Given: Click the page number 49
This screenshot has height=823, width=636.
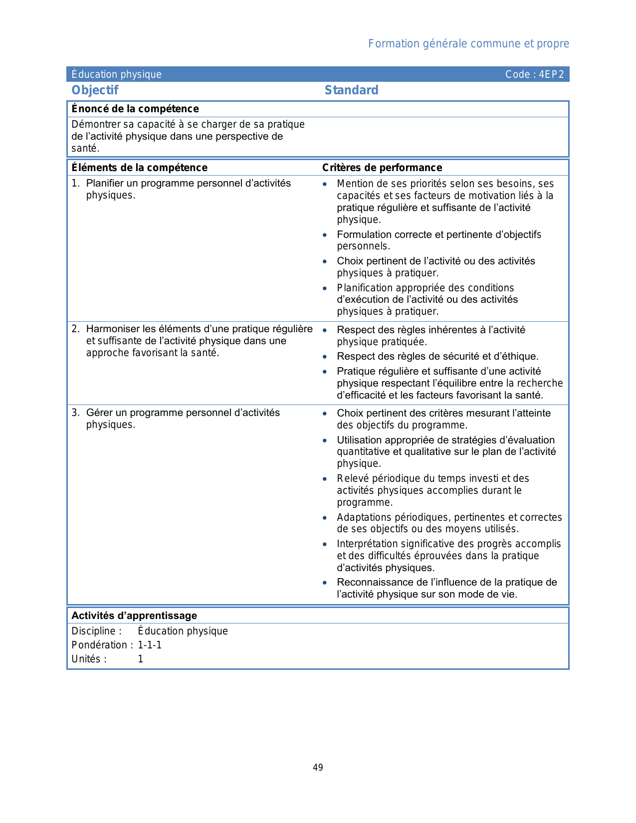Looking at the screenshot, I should click(318, 768).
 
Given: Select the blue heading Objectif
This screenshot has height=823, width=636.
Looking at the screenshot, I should click(95, 90).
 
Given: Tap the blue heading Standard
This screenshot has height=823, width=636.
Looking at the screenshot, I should click(351, 90).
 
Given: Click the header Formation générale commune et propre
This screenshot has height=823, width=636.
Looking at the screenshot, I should click(468, 44).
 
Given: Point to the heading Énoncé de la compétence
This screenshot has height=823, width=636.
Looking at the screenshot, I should click(135, 109).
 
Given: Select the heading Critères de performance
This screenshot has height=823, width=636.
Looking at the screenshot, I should click(382, 168).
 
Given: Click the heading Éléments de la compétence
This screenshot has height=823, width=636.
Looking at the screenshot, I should click(139, 168).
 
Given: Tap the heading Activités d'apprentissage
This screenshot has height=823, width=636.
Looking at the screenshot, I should click(134, 616).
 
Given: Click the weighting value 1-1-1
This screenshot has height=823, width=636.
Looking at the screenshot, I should click(150, 645).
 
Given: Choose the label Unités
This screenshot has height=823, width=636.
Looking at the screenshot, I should click(89, 659).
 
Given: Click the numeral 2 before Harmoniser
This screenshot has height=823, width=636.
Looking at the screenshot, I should click(75, 329).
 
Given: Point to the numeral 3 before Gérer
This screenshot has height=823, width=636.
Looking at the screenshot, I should click(75, 412).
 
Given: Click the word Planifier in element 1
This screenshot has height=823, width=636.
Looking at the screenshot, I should click(104, 183).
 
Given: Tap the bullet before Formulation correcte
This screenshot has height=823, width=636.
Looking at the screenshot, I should click(325, 234).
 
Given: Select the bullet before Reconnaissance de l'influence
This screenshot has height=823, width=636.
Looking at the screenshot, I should click(325, 582).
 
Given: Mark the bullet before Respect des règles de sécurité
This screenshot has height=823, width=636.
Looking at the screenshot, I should click(325, 356).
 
